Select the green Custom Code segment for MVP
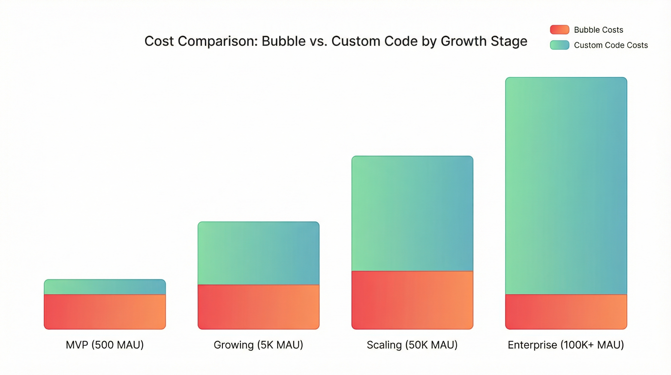pyautogui.click(x=105, y=287)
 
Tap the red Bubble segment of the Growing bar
pyautogui.click(x=258, y=307)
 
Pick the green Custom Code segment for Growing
pyautogui.click(x=258, y=253)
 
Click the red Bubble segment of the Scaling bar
pyautogui.click(x=412, y=300)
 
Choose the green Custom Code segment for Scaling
pyautogui.click(x=412, y=214)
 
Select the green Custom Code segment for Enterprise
pyautogui.click(x=566, y=186)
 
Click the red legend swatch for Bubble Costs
pyautogui.click(x=560, y=30)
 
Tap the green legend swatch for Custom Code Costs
pyautogui.click(x=560, y=45)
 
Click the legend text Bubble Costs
pyautogui.click(x=598, y=30)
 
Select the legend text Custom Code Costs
pyautogui.click(x=611, y=45)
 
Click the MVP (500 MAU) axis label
pyautogui.click(x=105, y=345)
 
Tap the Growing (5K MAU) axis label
pyautogui.click(x=258, y=345)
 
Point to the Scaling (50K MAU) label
pyautogui.click(x=412, y=345)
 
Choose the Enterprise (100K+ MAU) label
pyautogui.click(x=566, y=345)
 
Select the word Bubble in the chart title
pyautogui.click(x=283, y=41)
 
